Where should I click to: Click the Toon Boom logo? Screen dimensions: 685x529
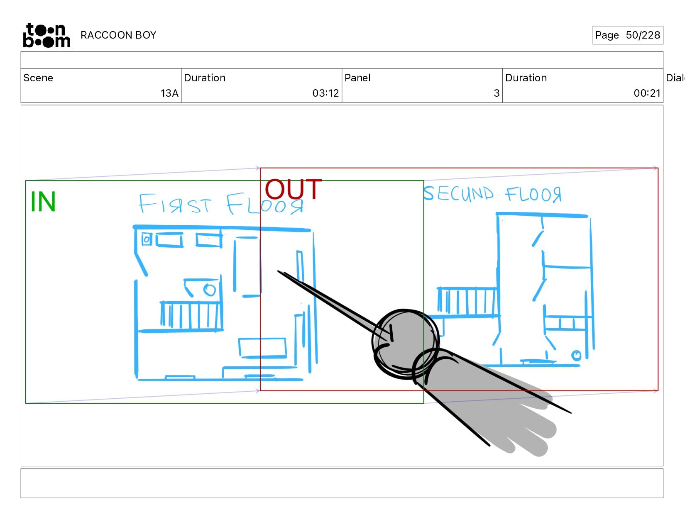coord(46,35)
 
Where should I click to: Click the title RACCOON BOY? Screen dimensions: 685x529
coord(118,35)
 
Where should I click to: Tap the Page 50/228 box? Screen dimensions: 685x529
coord(627,35)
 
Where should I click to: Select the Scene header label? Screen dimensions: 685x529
coord(38,78)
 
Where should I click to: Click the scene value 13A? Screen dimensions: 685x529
coord(169,93)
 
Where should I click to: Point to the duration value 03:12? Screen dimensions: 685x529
coord(325,93)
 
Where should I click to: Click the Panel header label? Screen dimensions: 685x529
coord(357,78)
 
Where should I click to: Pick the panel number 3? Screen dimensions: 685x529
coord(497,93)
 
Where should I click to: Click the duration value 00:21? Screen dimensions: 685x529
coord(647,93)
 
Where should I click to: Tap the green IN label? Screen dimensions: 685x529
coord(43,202)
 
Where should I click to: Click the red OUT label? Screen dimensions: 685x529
coord(293,190)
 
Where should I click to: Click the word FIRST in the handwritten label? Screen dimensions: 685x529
coord(175,204)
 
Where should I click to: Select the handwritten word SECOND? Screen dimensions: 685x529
coord(459,194)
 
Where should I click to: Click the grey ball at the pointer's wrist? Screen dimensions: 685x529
coord(404,342)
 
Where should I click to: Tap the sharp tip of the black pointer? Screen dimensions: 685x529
coord(279,272)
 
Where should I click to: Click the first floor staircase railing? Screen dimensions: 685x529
coord(191,315)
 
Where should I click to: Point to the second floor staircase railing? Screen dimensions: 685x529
coord(467,301)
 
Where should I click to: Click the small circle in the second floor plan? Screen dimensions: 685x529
coord(576,355)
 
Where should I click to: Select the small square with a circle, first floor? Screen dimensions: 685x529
coord(147,239)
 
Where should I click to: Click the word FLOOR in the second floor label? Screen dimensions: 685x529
coord(533,195)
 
